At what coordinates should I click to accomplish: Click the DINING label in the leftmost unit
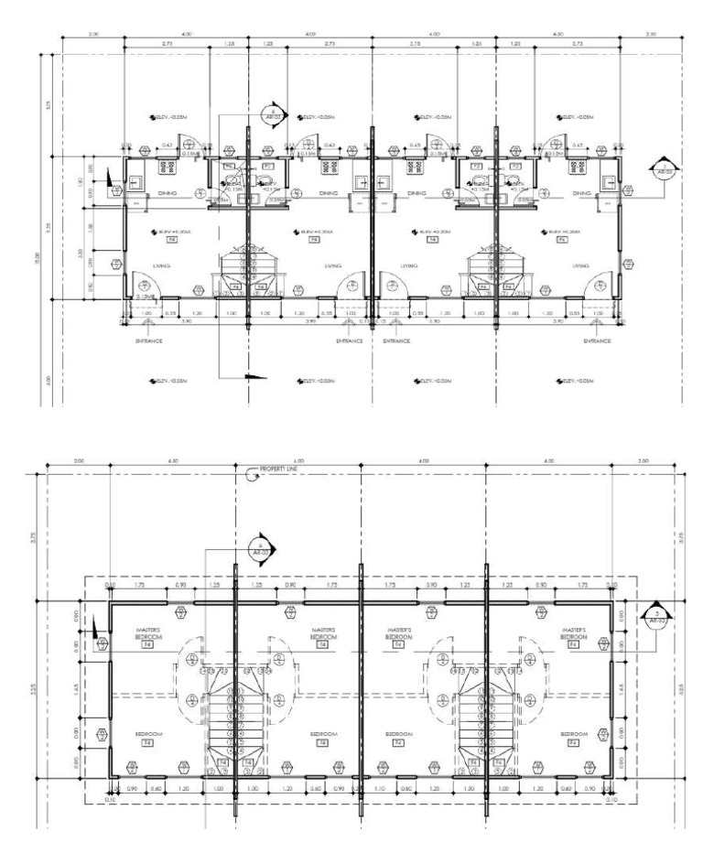(x=167, y=194)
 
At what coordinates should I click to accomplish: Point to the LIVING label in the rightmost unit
(x=579, y=266)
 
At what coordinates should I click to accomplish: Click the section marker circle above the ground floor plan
(x=272, y=114)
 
